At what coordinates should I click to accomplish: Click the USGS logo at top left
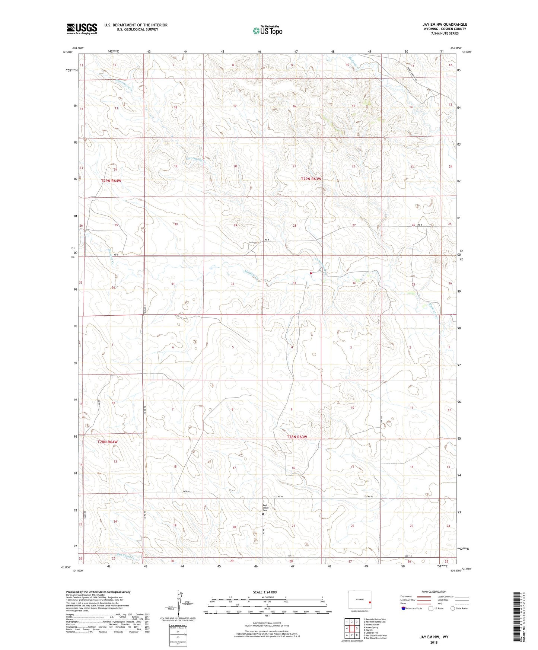82,28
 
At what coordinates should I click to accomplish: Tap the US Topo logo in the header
267,31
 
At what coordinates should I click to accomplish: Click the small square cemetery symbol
263,514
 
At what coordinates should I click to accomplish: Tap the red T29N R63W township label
311,179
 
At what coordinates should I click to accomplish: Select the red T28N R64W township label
107,442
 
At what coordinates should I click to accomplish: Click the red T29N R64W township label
111,181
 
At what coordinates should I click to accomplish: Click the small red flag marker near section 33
311,273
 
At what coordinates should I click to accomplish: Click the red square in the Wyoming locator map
369,603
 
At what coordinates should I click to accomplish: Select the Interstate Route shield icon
404,608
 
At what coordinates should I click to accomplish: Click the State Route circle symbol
453,608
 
